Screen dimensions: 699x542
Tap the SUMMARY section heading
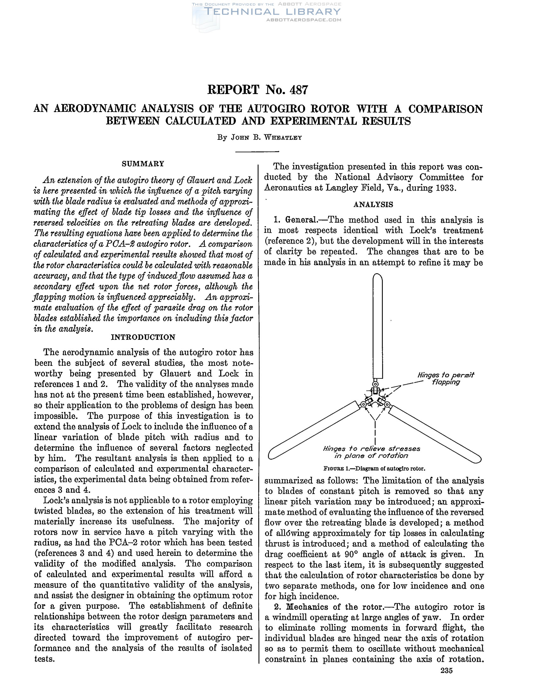143,164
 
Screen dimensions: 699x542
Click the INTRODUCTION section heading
143,337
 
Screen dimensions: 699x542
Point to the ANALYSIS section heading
373,205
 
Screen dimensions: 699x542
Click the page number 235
446,680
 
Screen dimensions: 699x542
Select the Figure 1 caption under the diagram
374,469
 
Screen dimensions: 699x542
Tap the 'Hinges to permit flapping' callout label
446,378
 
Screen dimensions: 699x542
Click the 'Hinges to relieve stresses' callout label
371,452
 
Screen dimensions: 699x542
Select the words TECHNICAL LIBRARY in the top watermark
272,12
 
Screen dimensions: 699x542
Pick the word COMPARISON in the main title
445,109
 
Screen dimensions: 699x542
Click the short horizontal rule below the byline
257,152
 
